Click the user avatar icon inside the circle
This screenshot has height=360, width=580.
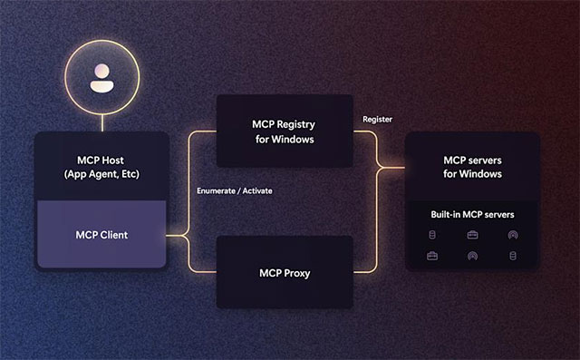coord(102,79)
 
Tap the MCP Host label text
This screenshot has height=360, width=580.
coord(101,160)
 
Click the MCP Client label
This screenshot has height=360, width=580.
coord(101,235)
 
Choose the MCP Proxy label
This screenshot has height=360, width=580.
coord(284,271)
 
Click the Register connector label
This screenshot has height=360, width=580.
coord(376,120)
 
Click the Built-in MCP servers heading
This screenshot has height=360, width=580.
coord(472,215)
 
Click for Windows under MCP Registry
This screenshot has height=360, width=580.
coord(284,140)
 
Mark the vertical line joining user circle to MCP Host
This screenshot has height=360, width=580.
coord(102,122)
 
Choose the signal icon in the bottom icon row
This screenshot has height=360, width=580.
coord(472,256)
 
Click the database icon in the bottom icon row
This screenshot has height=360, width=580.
coord(513,256)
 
